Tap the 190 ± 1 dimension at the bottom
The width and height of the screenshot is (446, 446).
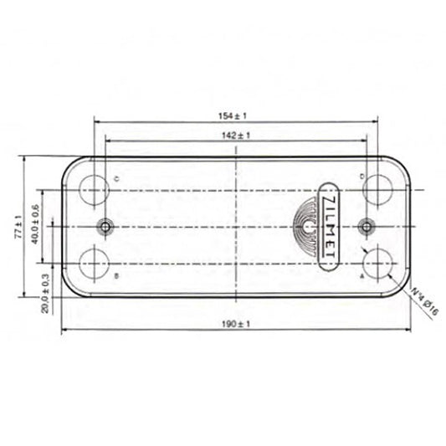238,324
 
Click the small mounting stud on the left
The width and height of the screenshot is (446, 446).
106,226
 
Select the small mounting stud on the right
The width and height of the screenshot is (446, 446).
366,226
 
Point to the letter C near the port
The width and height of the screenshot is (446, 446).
115,178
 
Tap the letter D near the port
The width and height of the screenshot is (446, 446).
361,177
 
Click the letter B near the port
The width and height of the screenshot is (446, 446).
115,275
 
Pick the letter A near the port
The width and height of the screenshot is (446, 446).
361,274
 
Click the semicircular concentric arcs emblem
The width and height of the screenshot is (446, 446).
306,227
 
